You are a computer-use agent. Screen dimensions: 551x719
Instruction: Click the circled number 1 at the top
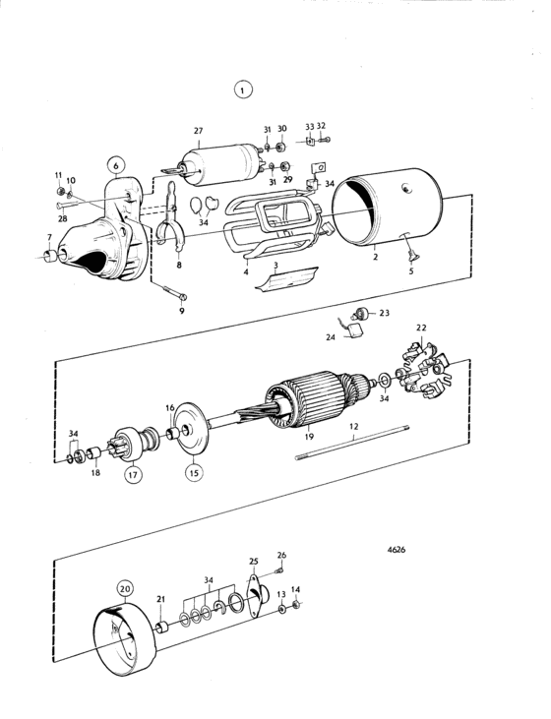pyautogui.click(x=243, y=90)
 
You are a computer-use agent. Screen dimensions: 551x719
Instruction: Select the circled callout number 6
pyautogui.click(x=116, y=165)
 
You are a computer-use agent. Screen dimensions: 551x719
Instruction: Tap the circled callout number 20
pyautogui.click(x=125, y=589)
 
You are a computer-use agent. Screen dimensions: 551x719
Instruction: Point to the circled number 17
pyautogui.click(x=133, y=475)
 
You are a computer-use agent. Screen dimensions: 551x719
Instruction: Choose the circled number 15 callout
pyautogui.click(x=194, y=472)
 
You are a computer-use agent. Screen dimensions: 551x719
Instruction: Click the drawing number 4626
pyautogui.click(x=397, y=550)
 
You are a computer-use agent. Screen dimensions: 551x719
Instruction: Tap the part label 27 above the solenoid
pyautogui.click(x=198, y=131)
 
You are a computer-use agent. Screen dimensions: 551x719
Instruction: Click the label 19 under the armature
pyautogui.click(x=309, y=436)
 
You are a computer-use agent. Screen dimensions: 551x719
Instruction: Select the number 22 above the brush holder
pyautogui.click(x=421, y=328)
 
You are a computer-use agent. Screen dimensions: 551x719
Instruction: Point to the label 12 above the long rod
pyautogui.click(x=354, y=427)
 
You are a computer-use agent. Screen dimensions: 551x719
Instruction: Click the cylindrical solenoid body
pyautogui.click(x=220, y=165)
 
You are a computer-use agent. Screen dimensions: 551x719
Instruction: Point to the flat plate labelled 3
pyautogui.click(x=286, y=279)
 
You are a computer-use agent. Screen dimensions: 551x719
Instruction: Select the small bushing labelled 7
pyautogui.click(x=49, y=256)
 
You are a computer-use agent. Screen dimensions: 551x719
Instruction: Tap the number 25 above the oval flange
pyautogui.click(x=254, y=562)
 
